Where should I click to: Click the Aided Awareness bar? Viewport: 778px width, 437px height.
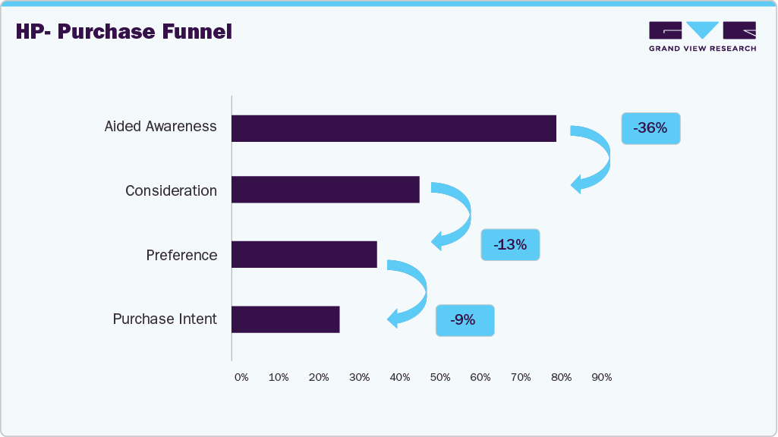[x=394, y=128]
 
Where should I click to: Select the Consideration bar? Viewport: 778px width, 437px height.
[x=326, y=190]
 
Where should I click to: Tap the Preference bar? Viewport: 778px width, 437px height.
[x=304, y=254]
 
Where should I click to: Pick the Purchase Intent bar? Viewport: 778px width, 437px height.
[x=285, y=319]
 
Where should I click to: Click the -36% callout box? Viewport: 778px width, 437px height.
[x=650, y=128]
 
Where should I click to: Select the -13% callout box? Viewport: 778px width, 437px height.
[x=510, y=245]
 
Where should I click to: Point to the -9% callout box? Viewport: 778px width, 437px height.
[x=465, y=320]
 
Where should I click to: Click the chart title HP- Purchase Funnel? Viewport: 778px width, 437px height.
[x=124, y=32]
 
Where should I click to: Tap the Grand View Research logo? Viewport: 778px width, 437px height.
[x=702, y=36]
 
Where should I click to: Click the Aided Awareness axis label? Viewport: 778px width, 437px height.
[x=160, y=127]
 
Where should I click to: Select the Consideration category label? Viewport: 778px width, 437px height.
[x=171, y=190]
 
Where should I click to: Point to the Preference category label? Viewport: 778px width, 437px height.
[x=181, y=255]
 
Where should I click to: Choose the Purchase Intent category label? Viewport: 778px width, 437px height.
[x=165, y=319]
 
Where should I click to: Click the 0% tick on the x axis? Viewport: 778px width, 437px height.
[x=241, y=377]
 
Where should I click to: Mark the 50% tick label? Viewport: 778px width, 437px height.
[x=440, y=377]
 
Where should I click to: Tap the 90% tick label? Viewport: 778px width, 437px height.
[x=602, y=377]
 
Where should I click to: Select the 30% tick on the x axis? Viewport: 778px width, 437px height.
[x=360, y=377]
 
